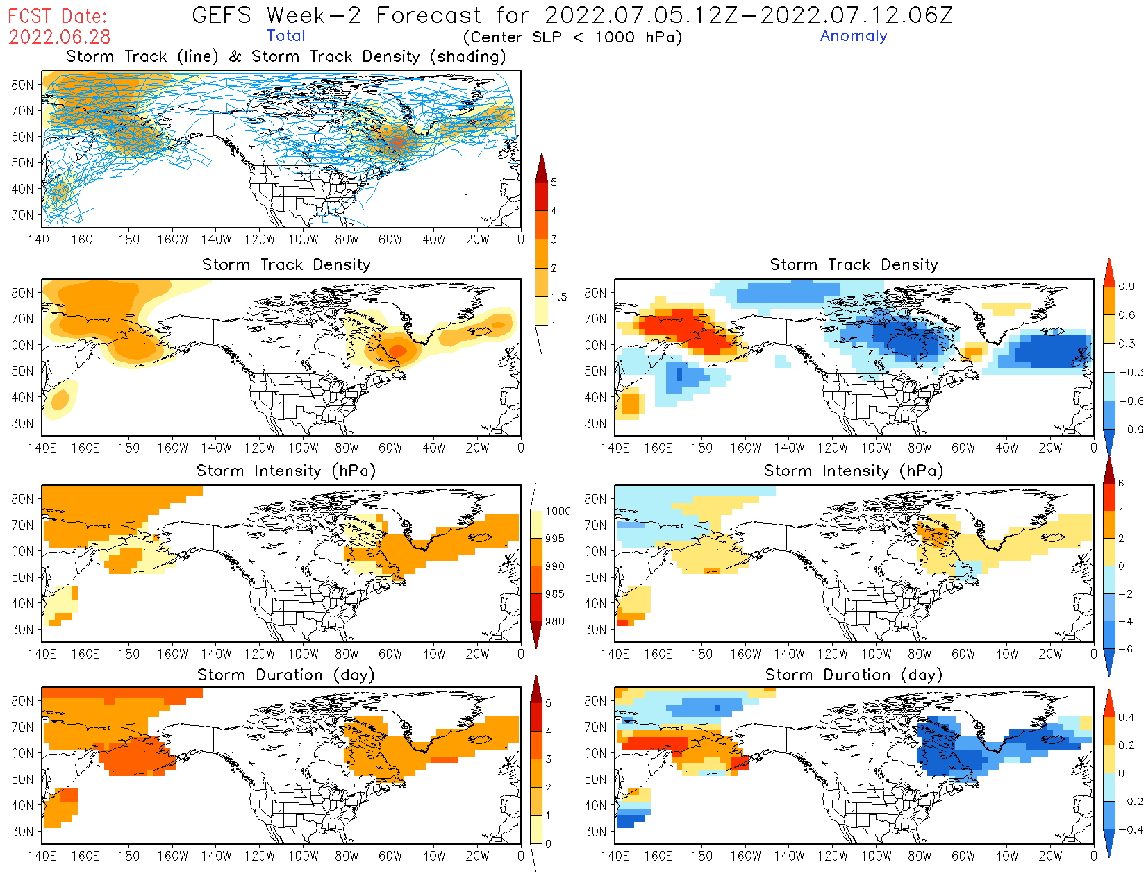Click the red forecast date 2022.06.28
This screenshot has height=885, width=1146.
click(59, 37)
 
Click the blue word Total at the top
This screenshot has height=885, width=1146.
click(285, 36)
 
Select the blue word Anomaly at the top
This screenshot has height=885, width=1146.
click(853, 36)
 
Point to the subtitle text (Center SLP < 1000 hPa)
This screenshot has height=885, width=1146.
click(572, 37)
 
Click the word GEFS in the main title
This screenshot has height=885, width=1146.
click(221, 15)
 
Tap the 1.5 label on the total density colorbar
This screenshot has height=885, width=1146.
click(558, 297)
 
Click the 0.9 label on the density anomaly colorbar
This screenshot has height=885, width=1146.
click(1126, 287)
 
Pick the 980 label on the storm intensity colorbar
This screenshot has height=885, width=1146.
click(554, 622)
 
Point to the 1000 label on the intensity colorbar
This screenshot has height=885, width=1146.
click(558, 512)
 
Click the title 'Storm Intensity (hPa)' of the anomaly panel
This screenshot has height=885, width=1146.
click(853, 471)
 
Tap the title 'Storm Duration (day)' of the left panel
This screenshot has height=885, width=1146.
click(285, 675)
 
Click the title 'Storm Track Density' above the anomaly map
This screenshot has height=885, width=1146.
click(853, 264)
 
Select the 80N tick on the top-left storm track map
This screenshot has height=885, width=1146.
click(22, 85)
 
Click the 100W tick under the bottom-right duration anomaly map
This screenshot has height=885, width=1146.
click(876, 856)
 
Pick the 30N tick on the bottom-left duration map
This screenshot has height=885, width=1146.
click(22, 832)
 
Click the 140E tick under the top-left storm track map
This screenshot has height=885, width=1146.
click(42, 239)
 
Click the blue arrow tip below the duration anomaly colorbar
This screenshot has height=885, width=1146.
click(1109, 852)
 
